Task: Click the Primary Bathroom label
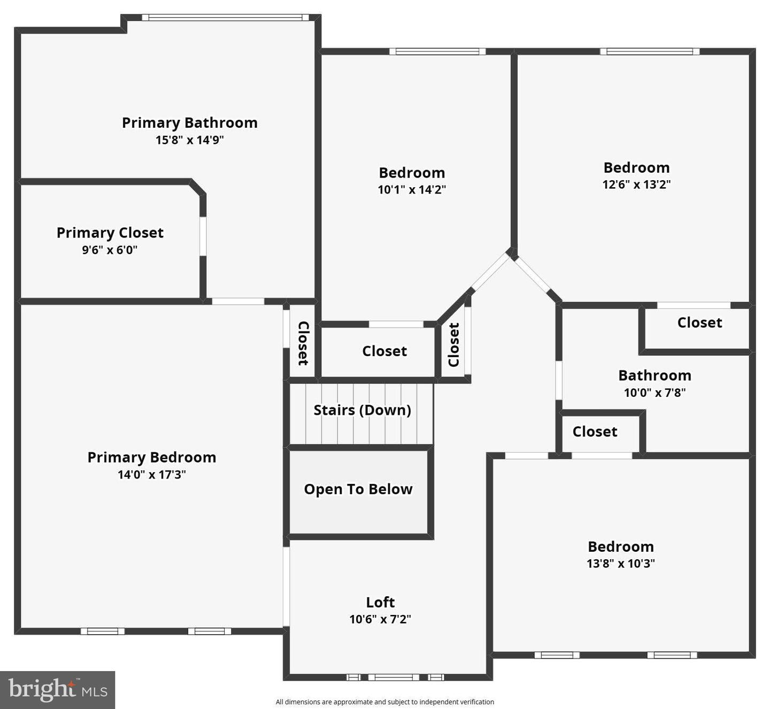[189, 123]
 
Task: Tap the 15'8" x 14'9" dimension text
[189, 140]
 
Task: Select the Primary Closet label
[110, 233]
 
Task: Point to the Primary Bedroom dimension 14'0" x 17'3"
[152, 475]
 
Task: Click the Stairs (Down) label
[362, 410]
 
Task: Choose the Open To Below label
[358, 489]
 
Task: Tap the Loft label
[380, 603]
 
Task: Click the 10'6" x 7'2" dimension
[380, 619]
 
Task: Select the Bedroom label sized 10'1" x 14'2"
[412, 173]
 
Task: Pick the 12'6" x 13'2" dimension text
[636, 184]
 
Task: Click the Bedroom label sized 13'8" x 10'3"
[621, 546]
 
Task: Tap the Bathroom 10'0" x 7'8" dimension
[654, 392]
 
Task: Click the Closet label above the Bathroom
[699, 322]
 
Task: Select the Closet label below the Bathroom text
[595, 431]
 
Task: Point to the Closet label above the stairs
[384, 351]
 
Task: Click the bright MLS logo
[58, 689]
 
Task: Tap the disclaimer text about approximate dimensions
[384, 702]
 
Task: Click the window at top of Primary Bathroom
[225, 18]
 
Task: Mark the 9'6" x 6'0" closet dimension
[110, 250]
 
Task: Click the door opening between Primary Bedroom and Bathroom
[238, 302]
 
